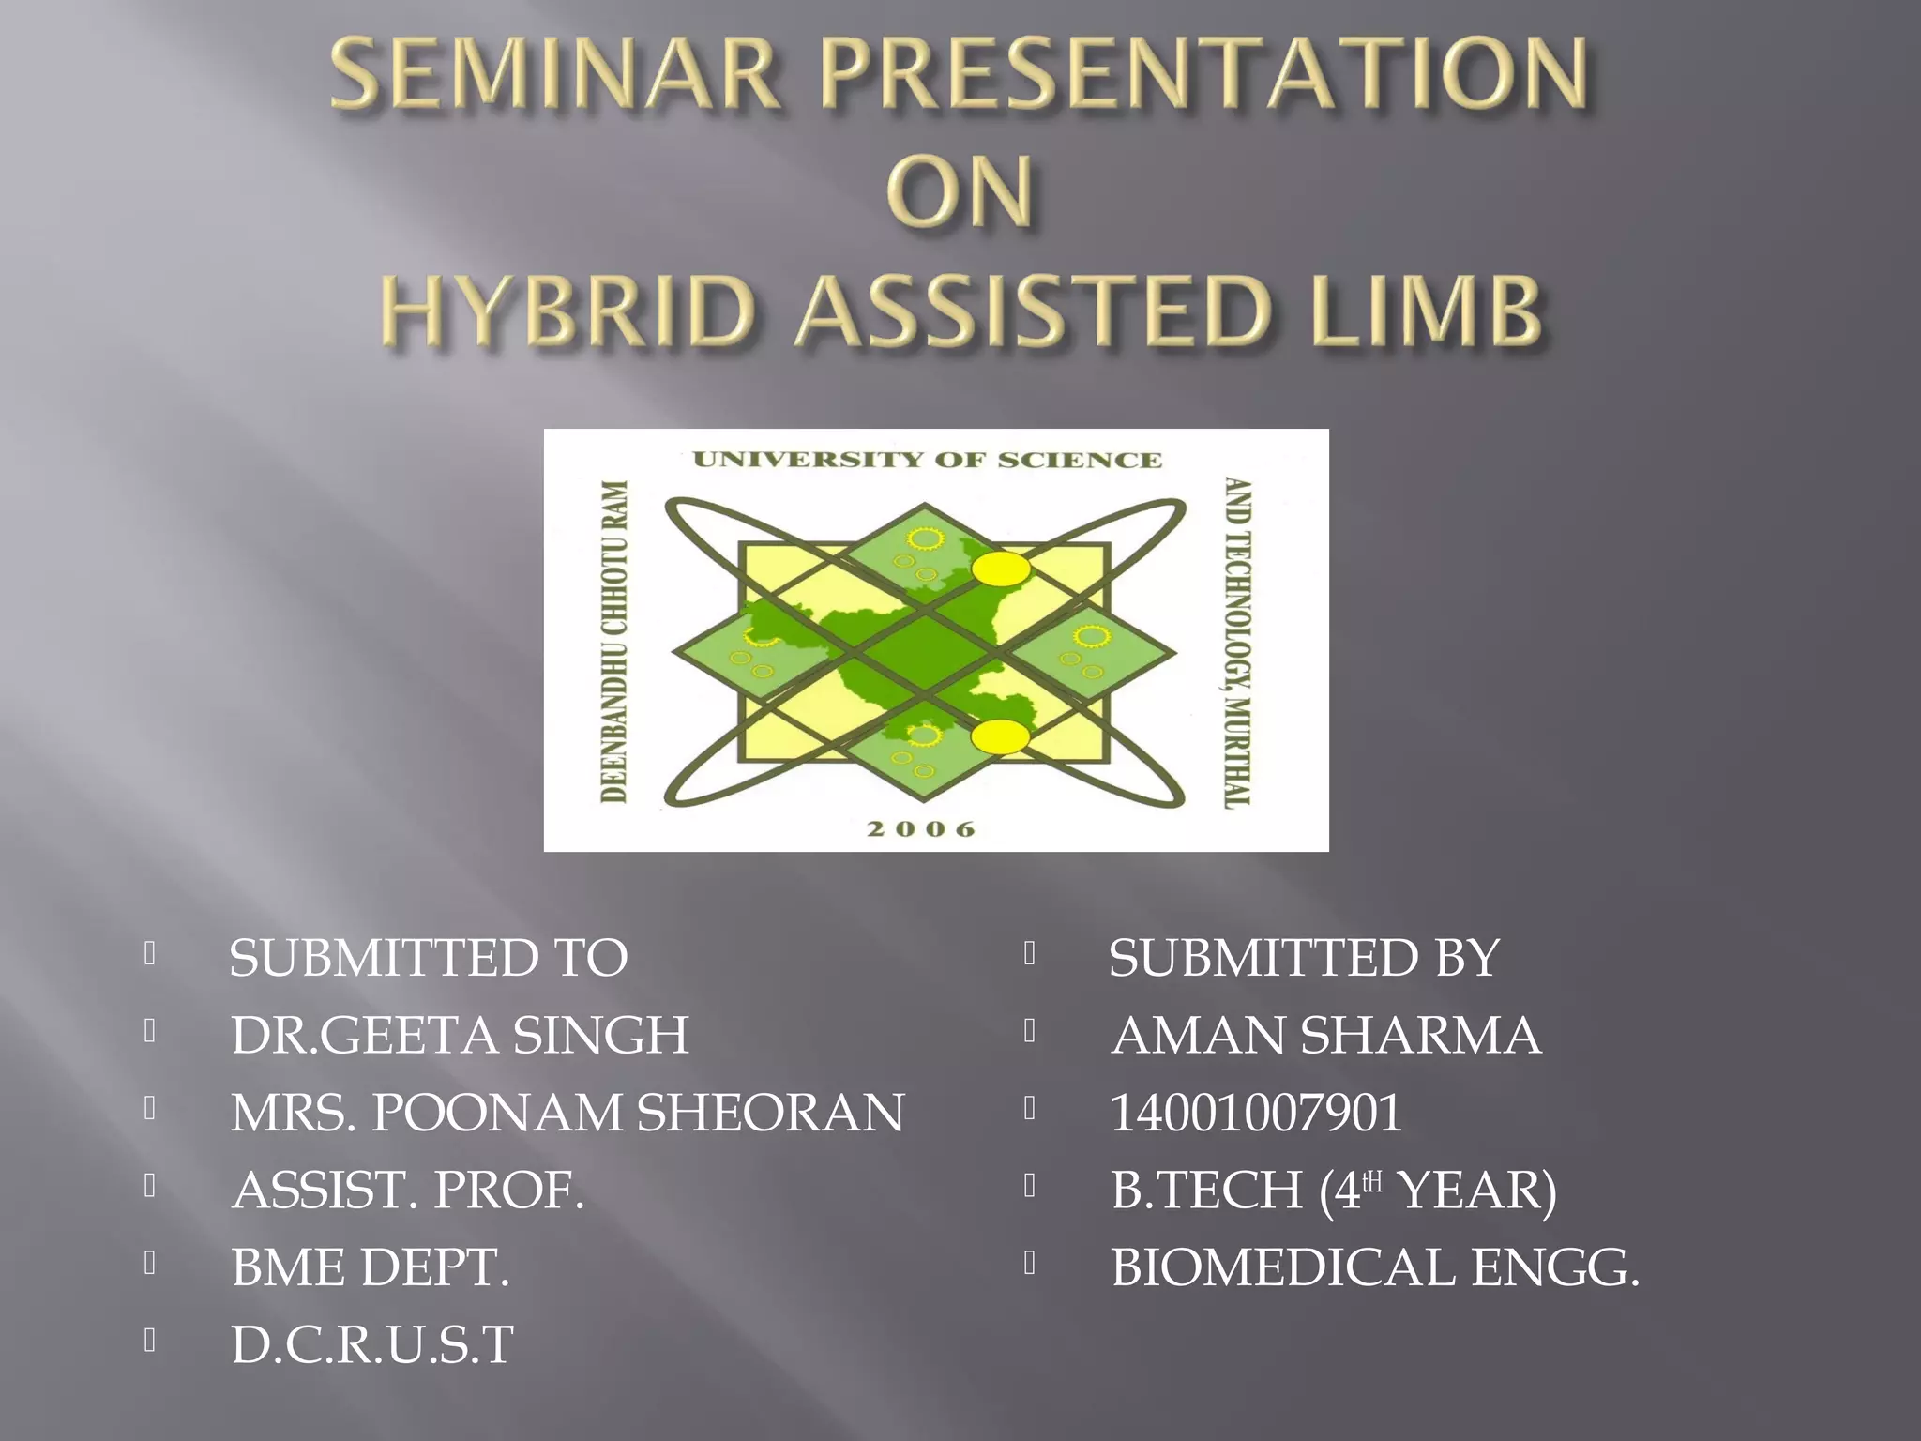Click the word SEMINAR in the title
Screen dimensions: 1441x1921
pos(554,75)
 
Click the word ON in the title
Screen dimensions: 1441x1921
pos(960,191)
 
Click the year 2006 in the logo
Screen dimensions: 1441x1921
pos(921,829)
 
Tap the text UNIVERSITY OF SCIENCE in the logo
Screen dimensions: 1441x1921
pos(927,460)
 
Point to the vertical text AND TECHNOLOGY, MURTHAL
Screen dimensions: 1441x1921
pos(1239,643)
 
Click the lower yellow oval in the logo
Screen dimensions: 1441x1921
pos(999,737)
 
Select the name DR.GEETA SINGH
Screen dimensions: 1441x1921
pos(460,1036)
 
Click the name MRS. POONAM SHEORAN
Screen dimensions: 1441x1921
pos(567,1114)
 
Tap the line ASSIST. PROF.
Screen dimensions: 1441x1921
pos(408,1191)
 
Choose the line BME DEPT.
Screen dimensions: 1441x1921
pos(371,1267)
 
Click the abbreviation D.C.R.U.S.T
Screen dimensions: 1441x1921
pos(372,1345)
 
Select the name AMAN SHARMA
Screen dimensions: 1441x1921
pos(1325,1036)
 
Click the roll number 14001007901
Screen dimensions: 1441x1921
pos(1255,1114)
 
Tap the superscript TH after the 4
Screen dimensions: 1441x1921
pos(1372,1181)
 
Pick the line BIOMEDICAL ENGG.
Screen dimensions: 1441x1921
pos(1375,1267)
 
